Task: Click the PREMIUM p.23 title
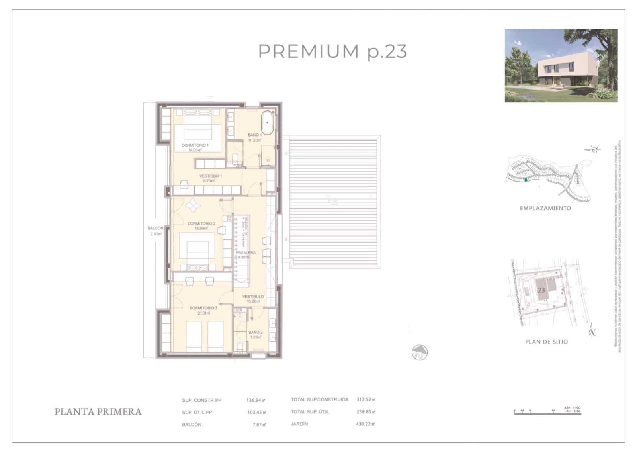coord(332,52)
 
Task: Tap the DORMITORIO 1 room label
coord(195,146)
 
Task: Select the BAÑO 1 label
coord(255,135)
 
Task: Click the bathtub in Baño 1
coord(267,123)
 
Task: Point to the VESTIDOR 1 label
coord(210,176)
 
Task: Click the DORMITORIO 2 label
coord(201,224)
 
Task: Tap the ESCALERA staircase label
coord(246,253)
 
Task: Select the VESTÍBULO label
coord(253,297)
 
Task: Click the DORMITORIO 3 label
coord(203,308)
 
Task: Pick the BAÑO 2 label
coord(256,333)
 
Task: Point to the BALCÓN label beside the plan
coord(155,229)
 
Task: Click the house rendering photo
coord(561,65)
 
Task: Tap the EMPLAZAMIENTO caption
coord(545,208)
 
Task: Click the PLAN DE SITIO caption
coord(546,342)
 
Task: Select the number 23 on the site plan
coord(541,290)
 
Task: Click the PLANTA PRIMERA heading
coord(98,412)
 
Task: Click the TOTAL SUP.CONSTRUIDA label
coord(319,399)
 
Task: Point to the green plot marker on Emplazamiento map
coord(526,180)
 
